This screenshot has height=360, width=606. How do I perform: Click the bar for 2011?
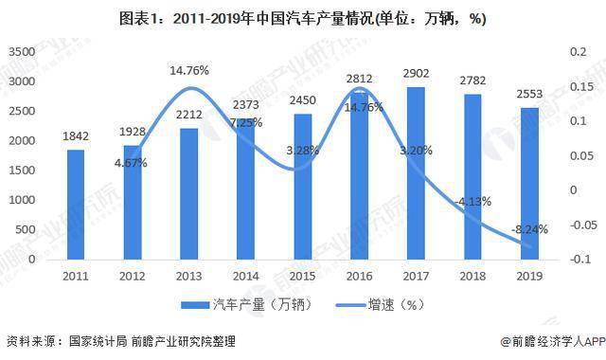coord(76,204)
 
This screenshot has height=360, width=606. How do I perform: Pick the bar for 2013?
coord(189,193)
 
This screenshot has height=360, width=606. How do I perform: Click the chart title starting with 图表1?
coord(303,19)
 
